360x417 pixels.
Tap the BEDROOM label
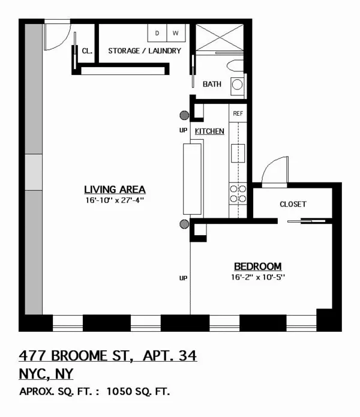(x=257, y=266)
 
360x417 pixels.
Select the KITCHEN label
(x=209, y=131)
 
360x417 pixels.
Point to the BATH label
(x=212, y=84)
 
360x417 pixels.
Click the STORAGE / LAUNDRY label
(x=144, y=51)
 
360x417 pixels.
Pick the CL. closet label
(x=86, y=51)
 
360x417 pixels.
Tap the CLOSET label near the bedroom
(x=293, y=204)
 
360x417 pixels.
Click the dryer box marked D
(x=158, y=32)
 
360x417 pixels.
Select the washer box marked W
(x=176, y=32)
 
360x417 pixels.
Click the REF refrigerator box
(x=238, y=113)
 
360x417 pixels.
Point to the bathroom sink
(x=238, y=85)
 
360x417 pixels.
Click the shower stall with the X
(x=220, y=37)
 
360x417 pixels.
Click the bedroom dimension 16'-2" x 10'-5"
(x=257, y=277)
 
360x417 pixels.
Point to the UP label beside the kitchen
(x=183, y=130)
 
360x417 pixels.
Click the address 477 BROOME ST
(x=75, y=356)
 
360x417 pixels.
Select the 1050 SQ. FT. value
(x=138, y=392)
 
